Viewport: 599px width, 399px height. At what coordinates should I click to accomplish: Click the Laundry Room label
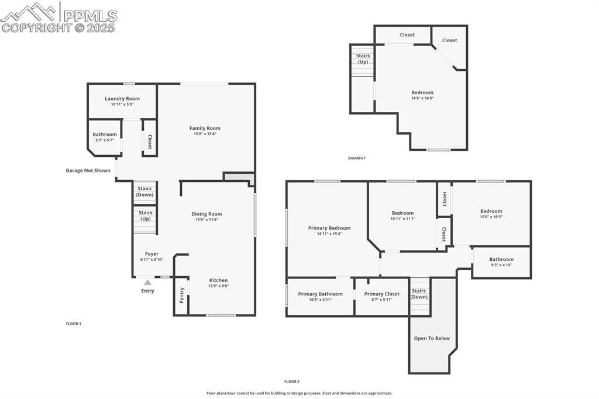click(122, 99)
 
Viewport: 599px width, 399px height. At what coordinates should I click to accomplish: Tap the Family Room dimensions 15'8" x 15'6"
click(205, 134)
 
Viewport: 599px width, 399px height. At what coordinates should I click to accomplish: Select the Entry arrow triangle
click(147, 283)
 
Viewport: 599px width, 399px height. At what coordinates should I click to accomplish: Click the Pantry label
click(182, 295)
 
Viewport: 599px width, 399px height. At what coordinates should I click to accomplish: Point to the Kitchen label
click(219, 280)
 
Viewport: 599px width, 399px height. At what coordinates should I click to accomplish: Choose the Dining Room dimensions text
click(206, 219)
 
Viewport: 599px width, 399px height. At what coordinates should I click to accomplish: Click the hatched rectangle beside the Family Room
click(239, 177)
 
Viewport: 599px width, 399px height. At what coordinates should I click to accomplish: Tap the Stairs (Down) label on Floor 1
click(145, 191)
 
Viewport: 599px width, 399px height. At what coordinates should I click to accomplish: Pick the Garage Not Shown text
click(88, 170)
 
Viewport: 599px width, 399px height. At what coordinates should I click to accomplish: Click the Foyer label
click(152, 254)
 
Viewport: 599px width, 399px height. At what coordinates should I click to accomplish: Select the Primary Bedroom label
click(329, 228)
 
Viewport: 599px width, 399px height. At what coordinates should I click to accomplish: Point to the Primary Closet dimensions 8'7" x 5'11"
click(381, 300)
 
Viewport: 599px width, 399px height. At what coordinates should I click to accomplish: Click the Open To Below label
click(432, 338)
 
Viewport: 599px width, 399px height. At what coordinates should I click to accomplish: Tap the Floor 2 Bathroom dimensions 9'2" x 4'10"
click(501, 264)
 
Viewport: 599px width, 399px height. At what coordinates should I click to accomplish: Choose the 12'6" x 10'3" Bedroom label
click(491, 211)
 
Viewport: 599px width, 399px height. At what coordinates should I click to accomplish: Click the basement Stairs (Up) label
click(363, 59)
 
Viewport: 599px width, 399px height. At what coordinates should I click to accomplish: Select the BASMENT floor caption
click(357, 158)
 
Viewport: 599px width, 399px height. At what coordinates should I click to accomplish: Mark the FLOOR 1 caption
click(74, 324)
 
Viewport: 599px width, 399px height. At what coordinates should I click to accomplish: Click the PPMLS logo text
click(90, 15)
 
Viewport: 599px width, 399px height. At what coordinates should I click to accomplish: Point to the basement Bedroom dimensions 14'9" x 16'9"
click(422, 98)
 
